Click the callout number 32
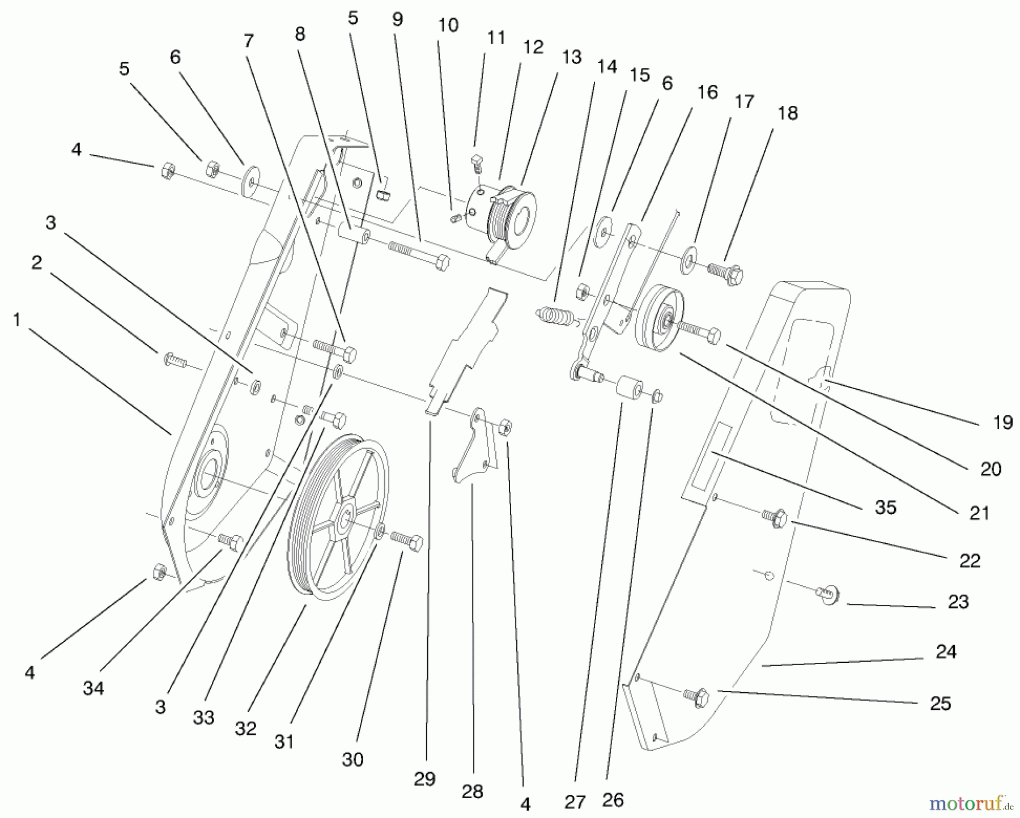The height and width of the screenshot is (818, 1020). [x=245, y=729]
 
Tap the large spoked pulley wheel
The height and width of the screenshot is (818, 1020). [x=338, y=518]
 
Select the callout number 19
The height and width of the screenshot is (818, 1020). [x=1002, y=422]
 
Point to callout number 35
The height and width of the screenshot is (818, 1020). [x=886, y=507]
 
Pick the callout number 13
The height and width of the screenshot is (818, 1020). [x=572, y=57]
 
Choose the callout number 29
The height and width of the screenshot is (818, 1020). [x=424, y=779]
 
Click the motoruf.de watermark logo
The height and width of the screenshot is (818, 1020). [x=970, y=803]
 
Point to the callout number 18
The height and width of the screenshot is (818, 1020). [x=788, y=113]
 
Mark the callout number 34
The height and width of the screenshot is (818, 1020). [x=93, y=688]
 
